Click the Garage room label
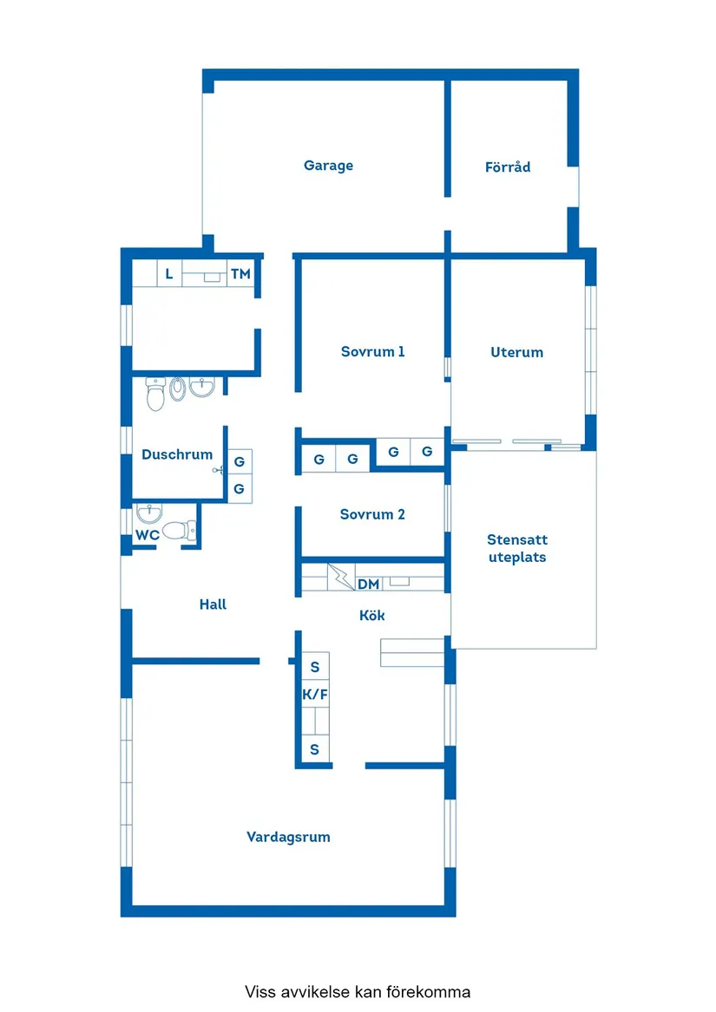[328, 166]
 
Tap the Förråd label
[508, 166]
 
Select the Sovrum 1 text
[372, 352]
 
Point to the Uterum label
[516, 352]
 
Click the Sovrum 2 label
[372, 514]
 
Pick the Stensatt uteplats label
[517, 549]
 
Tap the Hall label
[213, 604]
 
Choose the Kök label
[372, 616]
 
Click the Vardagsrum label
[288, 837]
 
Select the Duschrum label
[177, 454]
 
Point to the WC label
[147, 535]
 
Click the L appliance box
[169, 274]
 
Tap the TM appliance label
[240, 274]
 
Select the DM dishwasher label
[368, 584]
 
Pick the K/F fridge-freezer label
[314, 695]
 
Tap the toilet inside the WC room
[179, 529]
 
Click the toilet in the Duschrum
[156, 395]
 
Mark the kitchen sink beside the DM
[399, 582]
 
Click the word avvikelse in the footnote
[314, 991]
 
